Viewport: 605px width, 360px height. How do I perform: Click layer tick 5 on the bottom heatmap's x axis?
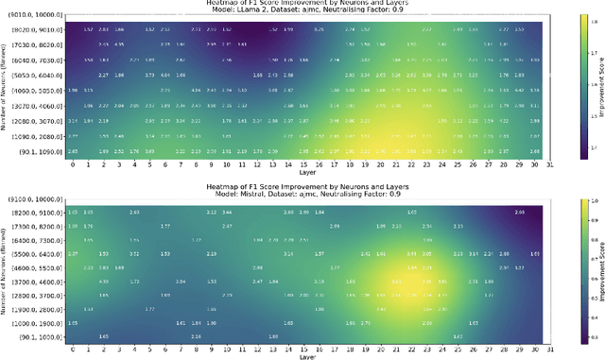click(x=147, y=349)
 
